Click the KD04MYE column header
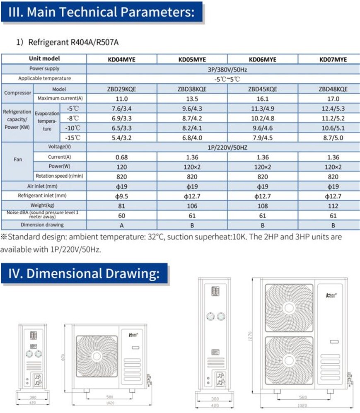click(121, 59)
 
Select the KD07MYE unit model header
click(333, 59)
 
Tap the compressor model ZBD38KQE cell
click(192, 89)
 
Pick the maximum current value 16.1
click(263, 99)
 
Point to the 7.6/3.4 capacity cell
click(121, 109)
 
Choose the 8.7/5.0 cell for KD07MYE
click(333, 138)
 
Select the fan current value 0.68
click(121, 157)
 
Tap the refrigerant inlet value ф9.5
click(121, 196)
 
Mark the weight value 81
click(121, 206)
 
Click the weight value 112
click(333, 206)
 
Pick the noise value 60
click(121, 215)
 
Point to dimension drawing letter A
click(121, 225)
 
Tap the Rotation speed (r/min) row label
click(60, 176)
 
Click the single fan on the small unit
click(96, 356)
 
